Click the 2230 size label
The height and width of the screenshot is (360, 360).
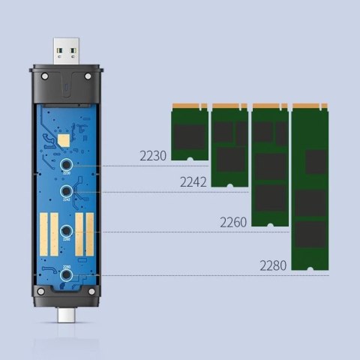tap(153, 156)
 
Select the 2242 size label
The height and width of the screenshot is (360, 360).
tap(194, 182)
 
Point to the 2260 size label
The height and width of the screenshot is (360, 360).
tap(233, 222)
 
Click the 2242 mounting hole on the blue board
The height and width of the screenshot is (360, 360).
tap(67, 192)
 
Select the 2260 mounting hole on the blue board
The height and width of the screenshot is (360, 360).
tap(67, 232)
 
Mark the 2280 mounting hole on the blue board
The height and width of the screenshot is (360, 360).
tap(67, 277)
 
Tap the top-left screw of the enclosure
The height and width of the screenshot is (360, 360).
tap(46, 77)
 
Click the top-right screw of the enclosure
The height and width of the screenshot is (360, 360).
tap(88, 77)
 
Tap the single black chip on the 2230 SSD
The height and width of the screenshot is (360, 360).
tap(189, 135)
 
